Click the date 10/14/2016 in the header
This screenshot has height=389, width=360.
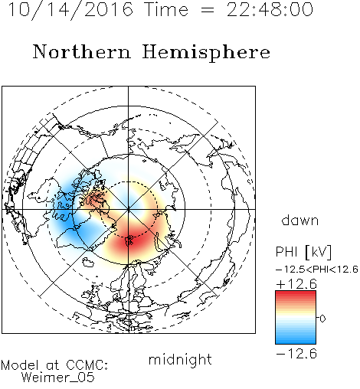[70, 10]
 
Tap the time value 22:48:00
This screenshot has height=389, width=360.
[270, 10]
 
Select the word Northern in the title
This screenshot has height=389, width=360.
[82, 52]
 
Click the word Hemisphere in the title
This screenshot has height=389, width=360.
[206, 52]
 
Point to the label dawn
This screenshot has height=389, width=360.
[300, 220]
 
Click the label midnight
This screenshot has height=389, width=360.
[180, 360]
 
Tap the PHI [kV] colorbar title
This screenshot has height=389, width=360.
[303, 252]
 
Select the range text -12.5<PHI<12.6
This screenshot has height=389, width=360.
[317, 270]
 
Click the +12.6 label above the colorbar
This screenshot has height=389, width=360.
[296, 284]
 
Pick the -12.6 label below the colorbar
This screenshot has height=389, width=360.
[296, 354]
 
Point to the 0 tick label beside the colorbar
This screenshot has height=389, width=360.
[322, 319]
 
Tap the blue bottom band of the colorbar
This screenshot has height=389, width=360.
[296, 341]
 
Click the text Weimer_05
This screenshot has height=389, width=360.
[58, 378]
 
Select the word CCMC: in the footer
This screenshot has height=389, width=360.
[87, 365]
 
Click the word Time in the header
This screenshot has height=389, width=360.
[166, 10]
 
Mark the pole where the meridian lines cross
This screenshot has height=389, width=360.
[129, 209]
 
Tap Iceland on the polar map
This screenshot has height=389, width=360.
[88, 262]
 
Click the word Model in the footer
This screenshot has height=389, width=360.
[21, 365]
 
